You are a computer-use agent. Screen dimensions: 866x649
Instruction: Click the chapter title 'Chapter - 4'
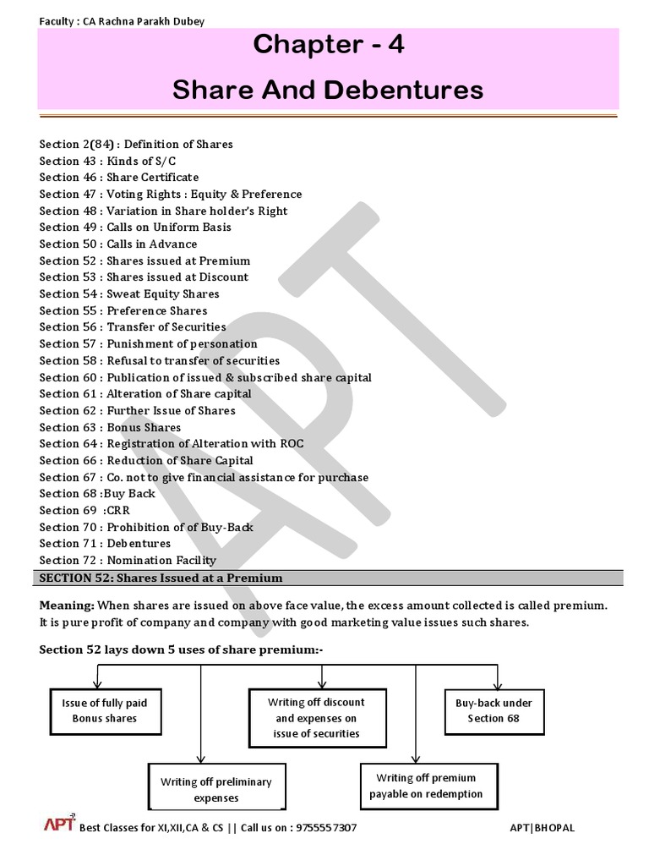[x=328, y=46]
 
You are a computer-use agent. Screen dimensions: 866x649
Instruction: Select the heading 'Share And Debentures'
[x=328, y=90]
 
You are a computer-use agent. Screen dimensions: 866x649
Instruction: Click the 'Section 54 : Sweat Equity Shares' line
[x=129, y=294]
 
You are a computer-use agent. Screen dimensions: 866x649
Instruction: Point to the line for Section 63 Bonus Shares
[x=110, y=427]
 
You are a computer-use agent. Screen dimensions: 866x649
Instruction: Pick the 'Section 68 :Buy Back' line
[x=97, y=494]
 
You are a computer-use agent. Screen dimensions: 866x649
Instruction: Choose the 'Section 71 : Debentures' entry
[x=105, y=544]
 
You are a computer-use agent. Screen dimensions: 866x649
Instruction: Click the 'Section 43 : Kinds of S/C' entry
[x=107, y=161]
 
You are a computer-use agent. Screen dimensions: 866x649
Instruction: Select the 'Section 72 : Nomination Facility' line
[x=128, y=560]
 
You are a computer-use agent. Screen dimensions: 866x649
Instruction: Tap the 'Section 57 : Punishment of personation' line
[x=148, y=344]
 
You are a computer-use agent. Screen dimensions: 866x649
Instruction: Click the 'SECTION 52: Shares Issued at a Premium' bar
[x=161, y=578]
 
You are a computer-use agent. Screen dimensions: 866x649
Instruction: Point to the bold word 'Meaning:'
[x=67, y=606]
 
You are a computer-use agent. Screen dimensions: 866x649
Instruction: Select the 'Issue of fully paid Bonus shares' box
[x=104, y=710]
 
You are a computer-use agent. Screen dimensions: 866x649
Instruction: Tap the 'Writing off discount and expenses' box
[x=317, y=718]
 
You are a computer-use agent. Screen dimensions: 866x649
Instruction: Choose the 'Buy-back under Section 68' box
[x=494, y=710]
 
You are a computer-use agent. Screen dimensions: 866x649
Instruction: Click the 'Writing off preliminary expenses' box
[x=216, y=790]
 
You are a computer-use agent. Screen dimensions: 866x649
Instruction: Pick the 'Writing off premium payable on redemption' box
[x=426, y=786]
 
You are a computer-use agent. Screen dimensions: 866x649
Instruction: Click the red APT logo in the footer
[x=59, y=825]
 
